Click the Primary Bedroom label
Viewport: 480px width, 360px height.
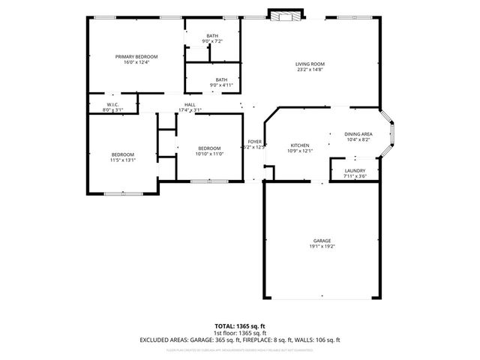pos(136,57)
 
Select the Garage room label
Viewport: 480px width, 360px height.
pos(322,241)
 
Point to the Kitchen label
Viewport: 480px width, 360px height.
pos(300,145)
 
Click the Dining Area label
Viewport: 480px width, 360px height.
pos(358,133)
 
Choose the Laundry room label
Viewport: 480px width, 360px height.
pos(355,171)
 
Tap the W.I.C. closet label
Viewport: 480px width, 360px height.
pos(112,105)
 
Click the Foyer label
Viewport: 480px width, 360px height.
pos(255,142)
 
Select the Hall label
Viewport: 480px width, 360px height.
pos(190,105)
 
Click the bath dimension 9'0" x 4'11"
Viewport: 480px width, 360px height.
pos(221,85)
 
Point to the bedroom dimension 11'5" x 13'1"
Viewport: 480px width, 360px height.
pos(122,160)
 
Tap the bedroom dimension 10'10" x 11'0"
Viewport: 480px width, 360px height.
pos(209,154)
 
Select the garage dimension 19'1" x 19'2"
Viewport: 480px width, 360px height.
pos(322,247)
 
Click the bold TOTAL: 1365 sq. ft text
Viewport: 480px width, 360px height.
pos(239,327)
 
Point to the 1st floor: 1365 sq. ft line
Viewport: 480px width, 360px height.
pos(239,333)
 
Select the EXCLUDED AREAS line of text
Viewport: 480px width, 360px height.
pos(239,340)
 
